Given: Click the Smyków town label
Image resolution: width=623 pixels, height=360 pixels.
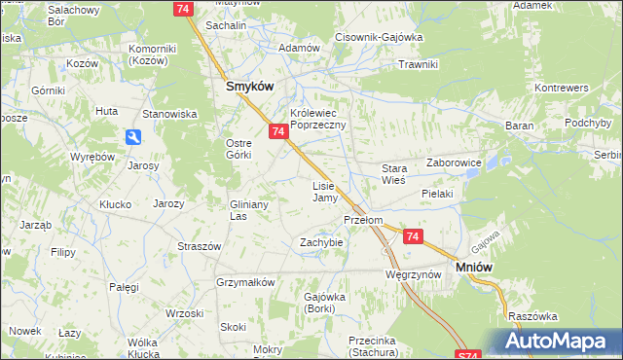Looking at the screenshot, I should pyautogui.click(x=249, y=86).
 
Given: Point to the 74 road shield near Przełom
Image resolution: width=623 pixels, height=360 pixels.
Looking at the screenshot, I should pyautogui.click(x=414, y=236).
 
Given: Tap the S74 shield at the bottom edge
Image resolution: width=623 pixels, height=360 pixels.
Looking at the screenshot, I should pyautogui.click(x=469, y=355).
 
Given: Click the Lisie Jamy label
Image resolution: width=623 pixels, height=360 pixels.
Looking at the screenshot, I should pyautogui.click(x=324, y=191).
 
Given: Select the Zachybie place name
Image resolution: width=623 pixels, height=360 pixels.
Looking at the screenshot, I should pyautogui.click(x=321, y=241).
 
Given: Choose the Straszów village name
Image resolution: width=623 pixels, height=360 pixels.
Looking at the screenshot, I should pyautogui.click(x=199, y=246).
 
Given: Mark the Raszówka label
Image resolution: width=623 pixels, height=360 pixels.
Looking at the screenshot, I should pyautogui.click(x=531, y=316).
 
